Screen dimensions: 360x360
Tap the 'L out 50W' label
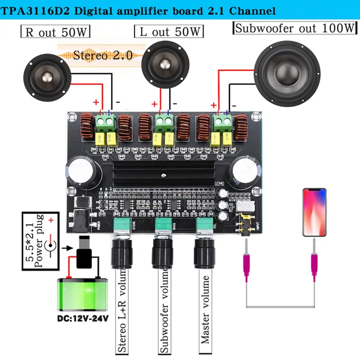pos(169,32)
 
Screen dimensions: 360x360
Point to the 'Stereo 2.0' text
pos(103,55)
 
